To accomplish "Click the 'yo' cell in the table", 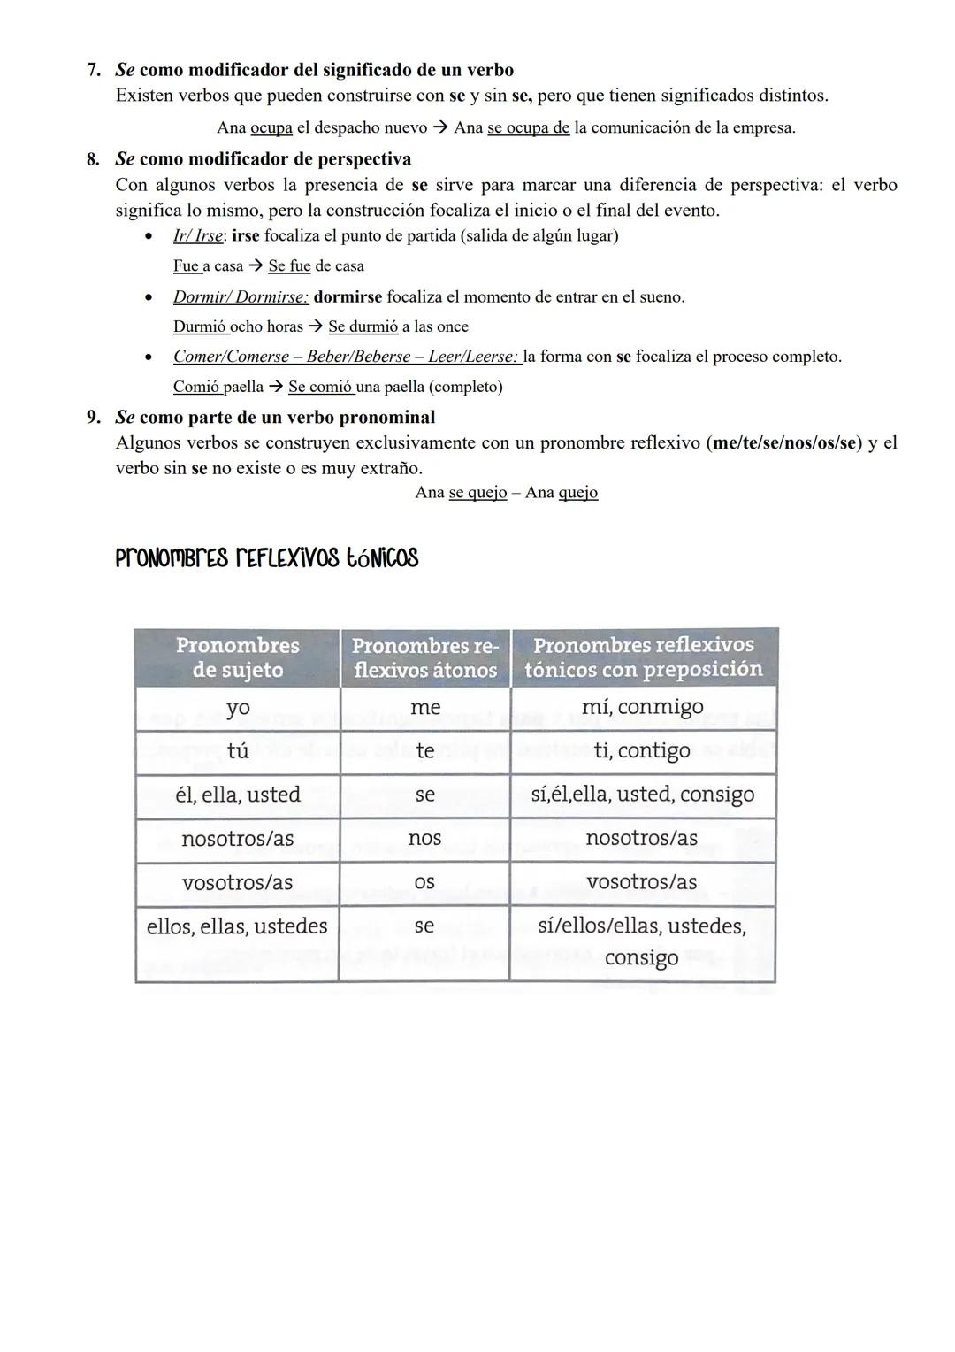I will coord(237,708).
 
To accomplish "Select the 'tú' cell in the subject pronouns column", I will coord(237,751).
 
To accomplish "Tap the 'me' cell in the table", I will coord(424,708).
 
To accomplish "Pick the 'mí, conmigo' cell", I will coord(643,707).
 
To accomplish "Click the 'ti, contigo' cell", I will coord(643,751).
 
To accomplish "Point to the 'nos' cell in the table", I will coord(424,838).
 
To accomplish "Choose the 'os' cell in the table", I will coord(424,882).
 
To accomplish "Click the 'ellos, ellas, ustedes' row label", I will coord(237,926).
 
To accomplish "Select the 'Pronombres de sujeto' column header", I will coord(237,657).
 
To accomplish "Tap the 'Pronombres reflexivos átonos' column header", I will coord(424,657).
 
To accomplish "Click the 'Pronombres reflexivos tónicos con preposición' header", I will coord(643,657).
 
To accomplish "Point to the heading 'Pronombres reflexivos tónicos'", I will coord(266,558).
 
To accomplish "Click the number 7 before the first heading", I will coord(93,70).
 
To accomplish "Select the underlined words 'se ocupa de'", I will coord(528,127).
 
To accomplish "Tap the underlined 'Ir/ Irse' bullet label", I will coord(198,236).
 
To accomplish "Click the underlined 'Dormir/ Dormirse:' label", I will coord(241,296).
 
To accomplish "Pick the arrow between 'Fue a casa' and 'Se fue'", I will coord(256,266).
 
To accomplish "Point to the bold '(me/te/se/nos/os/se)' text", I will coord(785,442).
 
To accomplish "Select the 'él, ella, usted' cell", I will coord(237,795).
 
